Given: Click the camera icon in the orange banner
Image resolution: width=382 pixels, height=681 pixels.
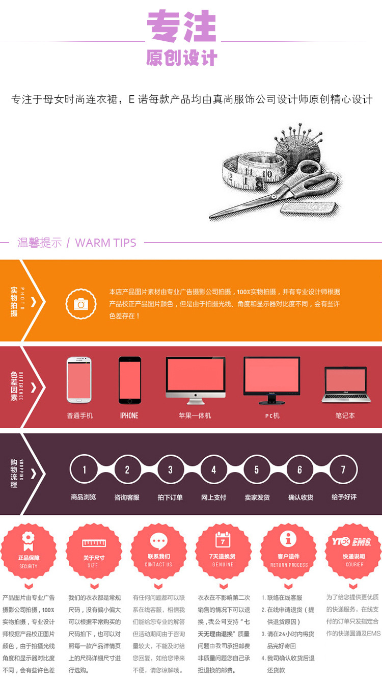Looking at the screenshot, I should coord(81,304).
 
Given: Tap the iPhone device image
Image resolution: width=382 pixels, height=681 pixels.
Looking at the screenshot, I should coord(129,380).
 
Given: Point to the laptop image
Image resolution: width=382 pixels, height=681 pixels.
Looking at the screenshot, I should coord(345,385).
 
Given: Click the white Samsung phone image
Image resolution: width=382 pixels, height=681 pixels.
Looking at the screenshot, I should coord(79,380).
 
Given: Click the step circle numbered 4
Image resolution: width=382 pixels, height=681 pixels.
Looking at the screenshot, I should coord(214,469).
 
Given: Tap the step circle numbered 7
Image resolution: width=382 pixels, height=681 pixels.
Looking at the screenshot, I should coord(343,469).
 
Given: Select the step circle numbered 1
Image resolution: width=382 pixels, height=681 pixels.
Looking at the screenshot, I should coord(85,469).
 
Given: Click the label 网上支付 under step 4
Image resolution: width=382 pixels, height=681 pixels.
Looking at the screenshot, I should coord(213,497).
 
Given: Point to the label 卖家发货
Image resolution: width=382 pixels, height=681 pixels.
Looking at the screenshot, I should coord(257,497).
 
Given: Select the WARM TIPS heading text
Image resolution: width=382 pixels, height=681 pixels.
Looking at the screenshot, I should coord(105,243).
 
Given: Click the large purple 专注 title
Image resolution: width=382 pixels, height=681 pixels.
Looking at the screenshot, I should coord(182,26).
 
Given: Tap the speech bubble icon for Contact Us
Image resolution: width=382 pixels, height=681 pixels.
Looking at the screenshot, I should coord(158,541).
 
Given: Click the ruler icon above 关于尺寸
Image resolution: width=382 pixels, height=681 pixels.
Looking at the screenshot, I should coord(93,543).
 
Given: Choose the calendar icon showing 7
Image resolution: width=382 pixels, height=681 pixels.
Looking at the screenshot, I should coord(223,539).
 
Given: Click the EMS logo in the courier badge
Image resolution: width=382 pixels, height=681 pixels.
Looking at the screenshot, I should coord(362,541).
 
